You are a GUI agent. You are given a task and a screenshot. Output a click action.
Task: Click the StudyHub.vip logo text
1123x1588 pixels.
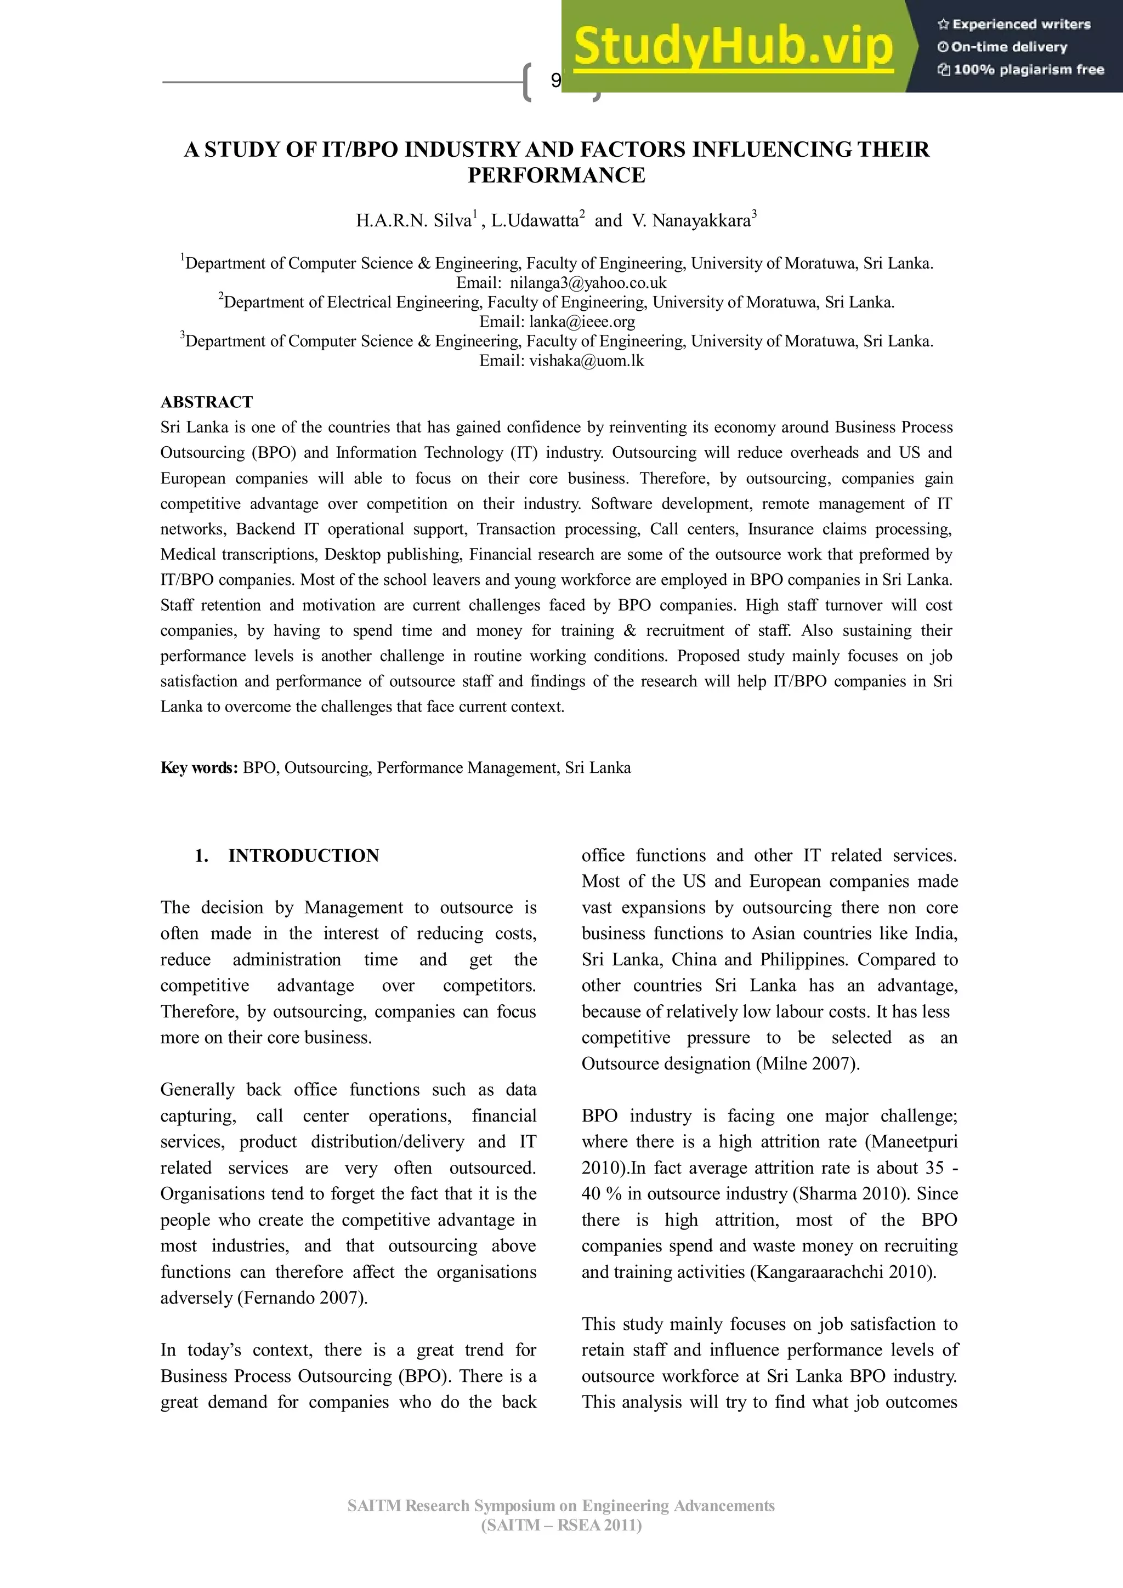tap(734, 47)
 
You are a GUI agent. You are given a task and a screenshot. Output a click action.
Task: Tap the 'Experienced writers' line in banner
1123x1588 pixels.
tap(1014, 24)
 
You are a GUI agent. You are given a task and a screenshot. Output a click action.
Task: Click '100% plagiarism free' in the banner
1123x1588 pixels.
tap(1022, 69)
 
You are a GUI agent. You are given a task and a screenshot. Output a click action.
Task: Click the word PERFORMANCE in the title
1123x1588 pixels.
tap(557, 175)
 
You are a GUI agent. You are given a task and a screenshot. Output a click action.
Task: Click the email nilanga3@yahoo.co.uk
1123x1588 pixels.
tap(588, 283)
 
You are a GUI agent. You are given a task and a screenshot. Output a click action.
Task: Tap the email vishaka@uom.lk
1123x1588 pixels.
tap(586, 360)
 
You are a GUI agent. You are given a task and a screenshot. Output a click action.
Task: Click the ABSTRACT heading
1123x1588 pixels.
tap(206, 402)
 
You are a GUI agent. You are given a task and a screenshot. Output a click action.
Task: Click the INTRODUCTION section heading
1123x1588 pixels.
tap(303, 856)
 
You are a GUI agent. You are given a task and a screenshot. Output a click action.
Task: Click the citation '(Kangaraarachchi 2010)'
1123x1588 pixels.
tap(843, 1272)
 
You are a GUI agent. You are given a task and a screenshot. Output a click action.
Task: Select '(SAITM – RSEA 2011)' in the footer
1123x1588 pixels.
tap(561, 1525)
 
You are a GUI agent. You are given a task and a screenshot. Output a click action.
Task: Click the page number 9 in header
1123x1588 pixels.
tap(555, 82)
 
